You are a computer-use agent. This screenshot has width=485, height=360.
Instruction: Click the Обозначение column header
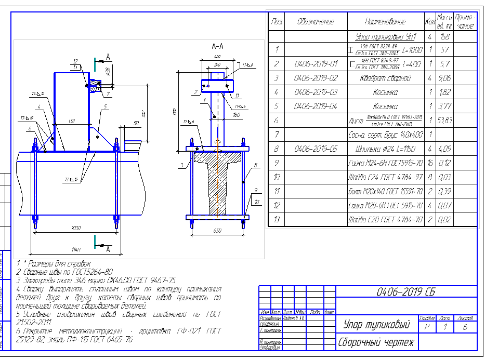click(x=316, y=22)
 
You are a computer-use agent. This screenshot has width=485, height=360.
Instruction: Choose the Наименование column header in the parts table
click(x=385, y=22)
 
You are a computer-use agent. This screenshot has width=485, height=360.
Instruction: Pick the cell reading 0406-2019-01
click(x=316, y=64)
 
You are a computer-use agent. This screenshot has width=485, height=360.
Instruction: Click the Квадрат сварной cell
click(x=385, y=78)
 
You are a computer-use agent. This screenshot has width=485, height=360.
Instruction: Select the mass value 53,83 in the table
click(x=444, y=121)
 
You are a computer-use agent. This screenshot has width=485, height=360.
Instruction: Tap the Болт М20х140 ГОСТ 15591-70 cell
click(x=385, y=192)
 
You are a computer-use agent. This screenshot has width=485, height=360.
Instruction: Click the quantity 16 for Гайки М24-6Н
click(x=430, y=163)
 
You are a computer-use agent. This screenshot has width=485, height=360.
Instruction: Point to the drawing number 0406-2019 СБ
click(x=406, y=291)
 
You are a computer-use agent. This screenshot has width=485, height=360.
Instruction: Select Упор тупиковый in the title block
click(x=376, y=325)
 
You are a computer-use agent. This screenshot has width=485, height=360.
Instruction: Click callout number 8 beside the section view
click(x=256, y=166)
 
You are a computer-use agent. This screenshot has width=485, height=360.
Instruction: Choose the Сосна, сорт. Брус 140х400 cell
click(x=385, y=135)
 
